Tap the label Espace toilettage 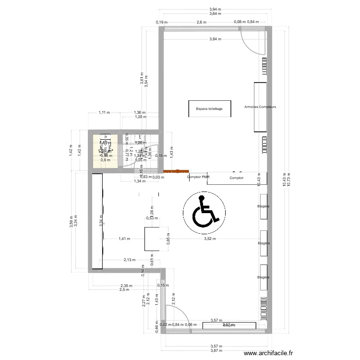pyautogui.click(x=209, y=109)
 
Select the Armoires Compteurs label pyautogui.click(x=260, y=107)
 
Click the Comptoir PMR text pyautogui.click(x=199, y=177)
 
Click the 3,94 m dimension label pyautogui.click(x=216, y=9)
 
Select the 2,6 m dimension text pyautogui.click(x=201, y=22)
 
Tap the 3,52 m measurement pyautogui.click(x=210, y=239)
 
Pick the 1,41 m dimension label pyautogui.click(x=124, y=239)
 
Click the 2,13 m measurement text pyautogui.click(x=129, y=260)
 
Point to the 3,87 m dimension pyautogui.click(x=216, y=351)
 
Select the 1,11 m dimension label pyautogui.click(x=104, y=113)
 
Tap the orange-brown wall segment pyautogui.click(x=176, y=170)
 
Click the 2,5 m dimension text pyautogui.click(x=125, y=289)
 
